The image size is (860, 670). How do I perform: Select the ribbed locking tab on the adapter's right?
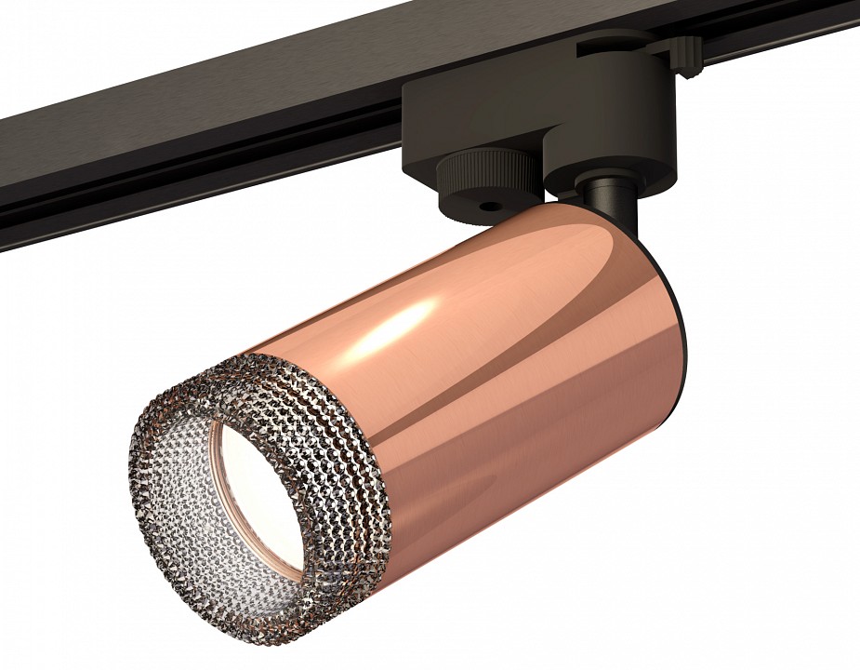tap(683, 54)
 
